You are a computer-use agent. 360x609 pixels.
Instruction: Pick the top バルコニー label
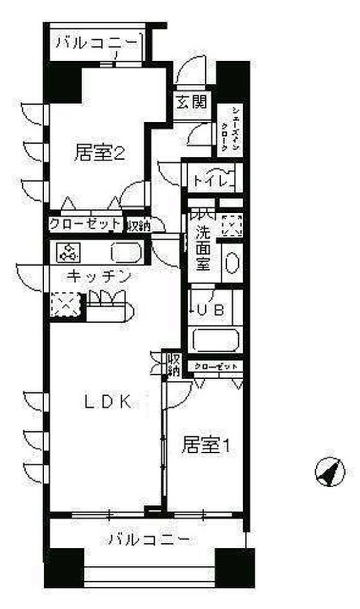point(97,42)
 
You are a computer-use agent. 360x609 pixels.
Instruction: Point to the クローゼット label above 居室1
point(216,366)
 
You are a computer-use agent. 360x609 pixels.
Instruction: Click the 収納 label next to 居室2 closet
point(137,225)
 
